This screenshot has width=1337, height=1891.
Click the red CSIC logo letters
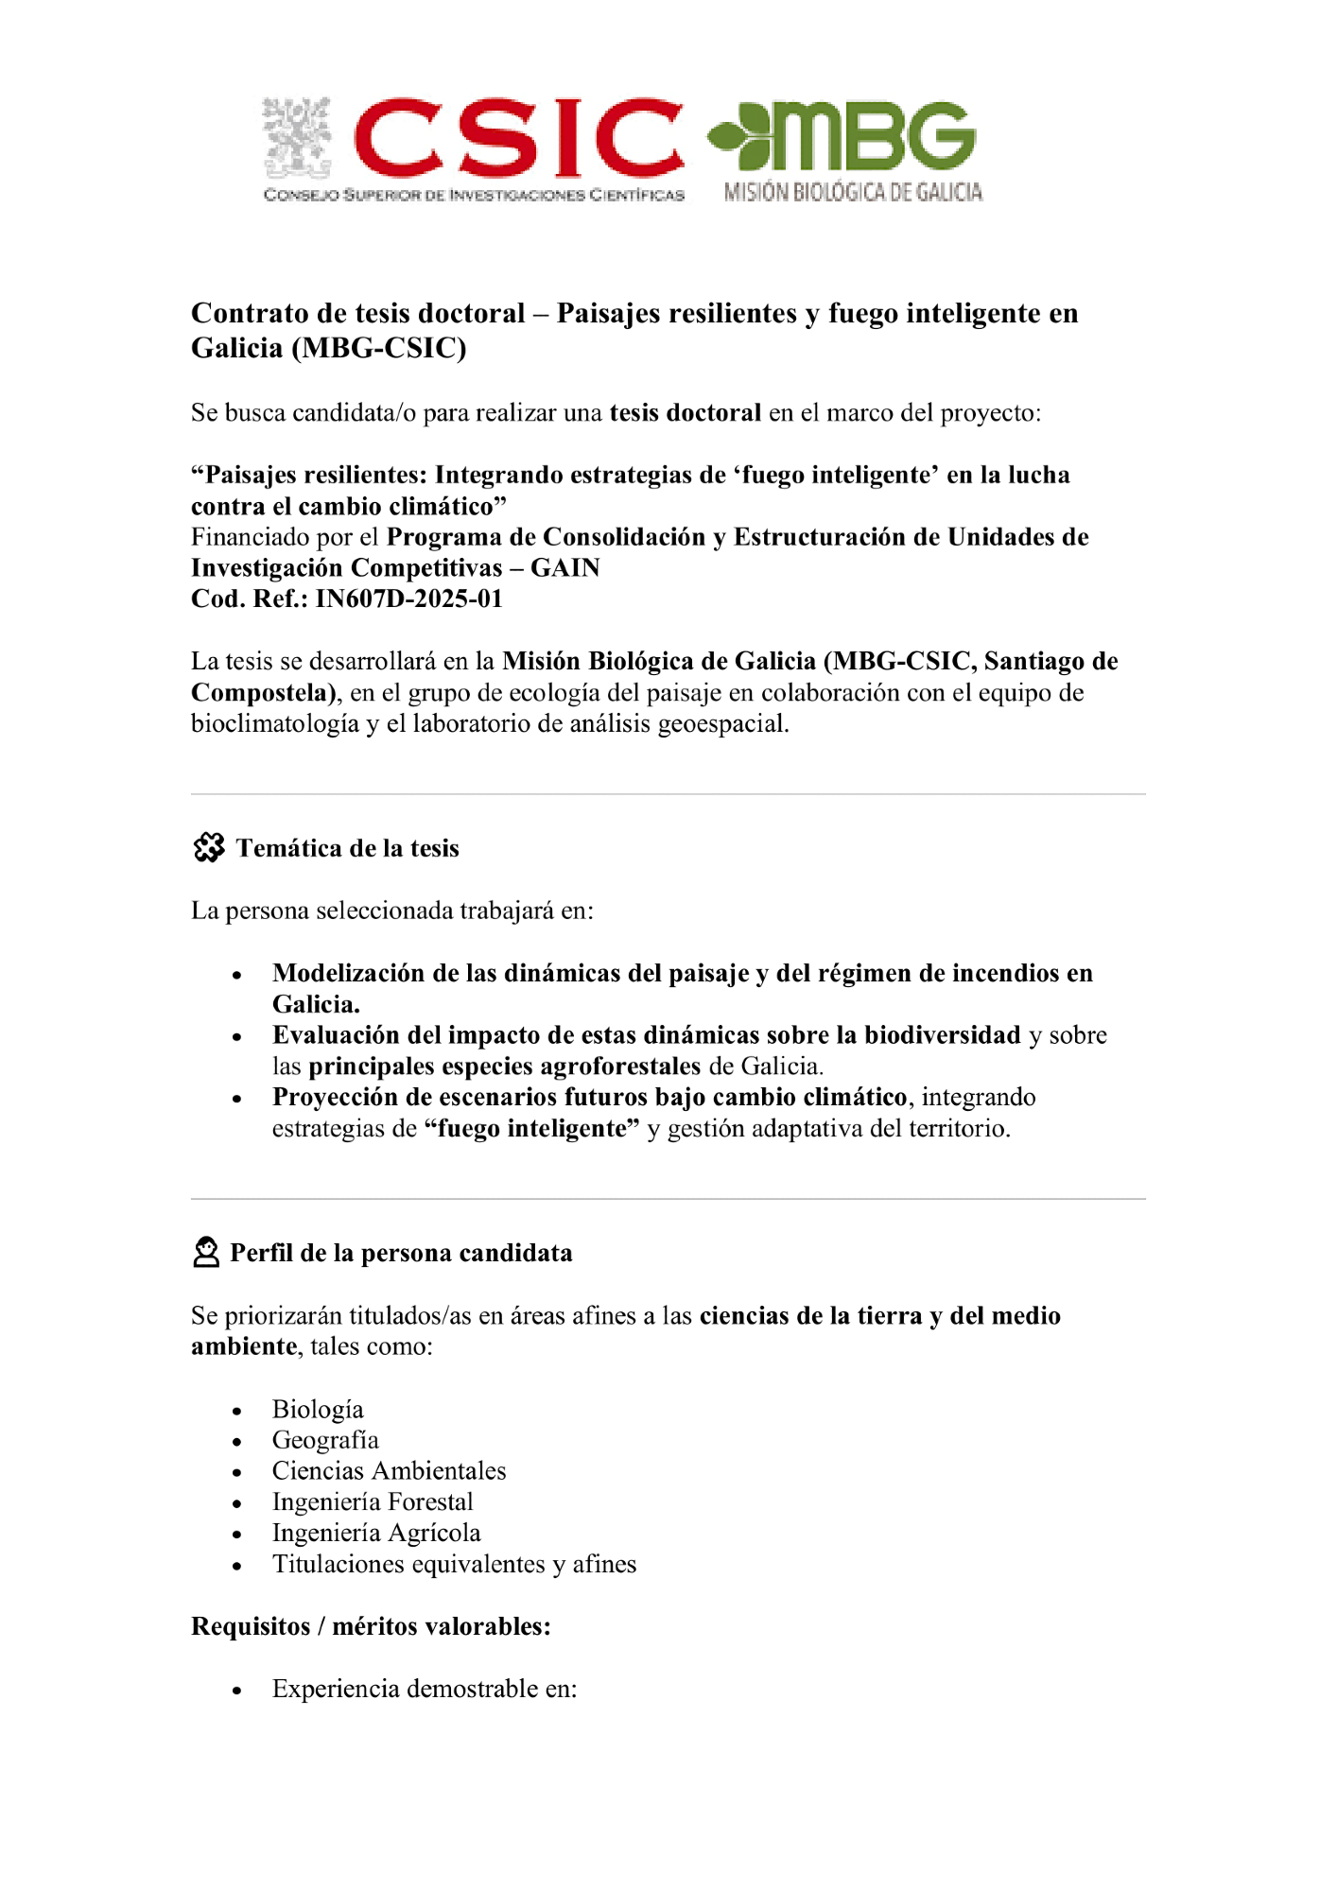click(x=518, y=138)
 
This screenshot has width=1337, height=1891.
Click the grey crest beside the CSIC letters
click(x=297, y=138)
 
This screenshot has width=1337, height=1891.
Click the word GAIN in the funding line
click(x=565, y=568)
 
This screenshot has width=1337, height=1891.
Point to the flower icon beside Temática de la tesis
click(x=209, y=848)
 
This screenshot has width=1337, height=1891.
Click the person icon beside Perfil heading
click(x=205, y=1253)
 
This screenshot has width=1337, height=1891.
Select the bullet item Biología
click(x=318, y=1410)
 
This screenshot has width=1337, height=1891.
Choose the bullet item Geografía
click(x=325, y=1441)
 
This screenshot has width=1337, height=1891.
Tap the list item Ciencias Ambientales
click(x=389, y=1472)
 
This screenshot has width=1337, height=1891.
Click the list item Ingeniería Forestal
click(x=373, y=1502)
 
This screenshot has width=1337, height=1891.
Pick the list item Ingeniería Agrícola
click(x=376, y=1534)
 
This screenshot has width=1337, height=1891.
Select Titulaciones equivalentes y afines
click(x=454, y=1565)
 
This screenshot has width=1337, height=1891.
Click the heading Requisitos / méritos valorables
click(x=371, y=1627)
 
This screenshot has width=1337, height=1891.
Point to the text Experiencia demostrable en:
click(x=425, y=1690)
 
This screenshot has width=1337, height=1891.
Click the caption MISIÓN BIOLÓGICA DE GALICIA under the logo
click(x=853, y=193)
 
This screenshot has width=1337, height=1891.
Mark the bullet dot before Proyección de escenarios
click(x=237, y=1100)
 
